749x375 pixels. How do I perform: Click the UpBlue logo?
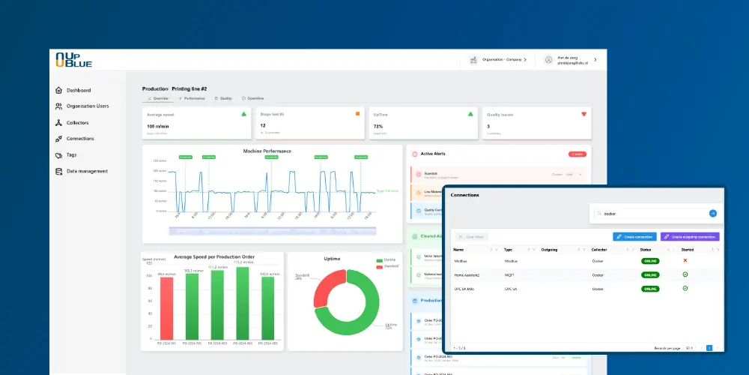pyautogui.click(x=73, y=60)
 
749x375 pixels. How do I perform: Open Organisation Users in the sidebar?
pyautogui.click(x=87, y=106)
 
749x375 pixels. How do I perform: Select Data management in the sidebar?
pyautogui.click(x=87, y=171)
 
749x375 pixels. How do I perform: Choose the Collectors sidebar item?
pyautogui.click(x=77, y=122)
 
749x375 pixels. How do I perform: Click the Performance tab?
pyautogui.click(x=192, y=98)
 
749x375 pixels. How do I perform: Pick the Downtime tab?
pyautogui.click(x=252, y=98)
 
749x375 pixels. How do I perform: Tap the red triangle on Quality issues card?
pyautogui.click(x=583, y=114)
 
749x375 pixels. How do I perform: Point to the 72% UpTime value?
pyautogui.click(x=378, y=126)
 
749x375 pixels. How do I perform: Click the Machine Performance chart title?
pyautogui.click(x=267, y=151)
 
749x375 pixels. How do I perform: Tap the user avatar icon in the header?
pyautogui.click(x=548, y=59)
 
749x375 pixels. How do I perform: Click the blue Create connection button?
pyautogui.click(x=634, y=236)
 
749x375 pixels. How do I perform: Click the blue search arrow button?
pyautogui.click(x=713, y=213)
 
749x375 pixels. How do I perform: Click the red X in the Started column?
pyautogui.click(x=685, y=261)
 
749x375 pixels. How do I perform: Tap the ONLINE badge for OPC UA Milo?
pyautogui.click(x=649, y=289)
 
